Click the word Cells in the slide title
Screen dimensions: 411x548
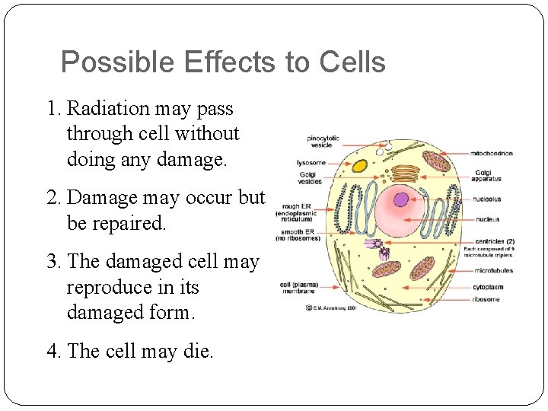tap(352, 62)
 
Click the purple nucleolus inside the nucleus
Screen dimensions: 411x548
tap(401, 200)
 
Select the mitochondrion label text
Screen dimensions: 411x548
tap(491, 154)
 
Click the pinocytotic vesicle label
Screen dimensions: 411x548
tap(323, 141)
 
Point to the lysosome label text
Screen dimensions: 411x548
tap(311, 162)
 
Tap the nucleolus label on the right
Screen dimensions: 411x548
tap(488, 199)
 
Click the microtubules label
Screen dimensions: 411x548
tap(493, 270)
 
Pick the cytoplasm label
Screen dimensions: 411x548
tap(489, 287)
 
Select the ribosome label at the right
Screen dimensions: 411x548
tap(487, 299)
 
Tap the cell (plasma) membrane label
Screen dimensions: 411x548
tap(299, 288)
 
